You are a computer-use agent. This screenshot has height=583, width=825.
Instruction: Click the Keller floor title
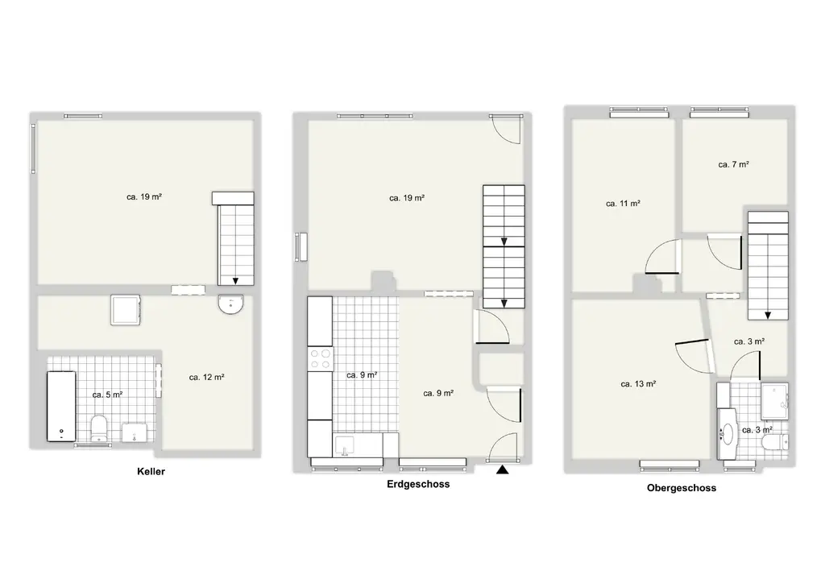click(x=151, y=472)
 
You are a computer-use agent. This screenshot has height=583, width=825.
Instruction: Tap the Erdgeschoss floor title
click(x=418, y=484)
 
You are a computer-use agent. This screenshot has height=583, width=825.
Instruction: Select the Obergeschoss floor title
click(x=682, y=488)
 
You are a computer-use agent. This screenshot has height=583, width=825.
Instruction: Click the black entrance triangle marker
click(x=503, y=469)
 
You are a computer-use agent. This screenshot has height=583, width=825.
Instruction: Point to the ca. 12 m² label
click(x=207, y=378)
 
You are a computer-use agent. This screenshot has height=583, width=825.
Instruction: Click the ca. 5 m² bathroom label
click(x=107, y=395)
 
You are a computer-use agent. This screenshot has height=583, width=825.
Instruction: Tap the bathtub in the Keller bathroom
click(x=61, y=407)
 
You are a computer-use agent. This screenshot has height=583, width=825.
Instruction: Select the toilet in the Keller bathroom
click(x=99, y=428)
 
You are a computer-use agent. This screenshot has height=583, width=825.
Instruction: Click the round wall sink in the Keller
click(x=231, y=304)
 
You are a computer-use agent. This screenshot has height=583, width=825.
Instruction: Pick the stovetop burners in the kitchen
click(x=320, y=358)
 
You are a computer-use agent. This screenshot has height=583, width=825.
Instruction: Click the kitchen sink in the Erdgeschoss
click(x=345, y=445)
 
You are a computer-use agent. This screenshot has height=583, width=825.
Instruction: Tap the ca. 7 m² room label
click(x=733, y=164)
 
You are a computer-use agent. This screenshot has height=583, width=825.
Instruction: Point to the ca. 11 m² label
click(x=623, y=204)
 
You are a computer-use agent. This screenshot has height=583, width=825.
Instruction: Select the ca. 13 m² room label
click(x=638, y=384)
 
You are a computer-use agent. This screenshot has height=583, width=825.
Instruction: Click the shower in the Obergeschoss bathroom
click(x=774, y=401)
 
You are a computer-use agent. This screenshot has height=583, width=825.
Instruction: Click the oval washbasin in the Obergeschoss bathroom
click(x=728, y=434)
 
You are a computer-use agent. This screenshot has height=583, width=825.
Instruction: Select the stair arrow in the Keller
click(x=235, y=280)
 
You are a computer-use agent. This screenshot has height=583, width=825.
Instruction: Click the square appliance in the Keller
click(x=125, y=310)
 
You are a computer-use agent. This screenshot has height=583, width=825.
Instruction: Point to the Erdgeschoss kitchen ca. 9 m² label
click(x=362, y=375)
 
